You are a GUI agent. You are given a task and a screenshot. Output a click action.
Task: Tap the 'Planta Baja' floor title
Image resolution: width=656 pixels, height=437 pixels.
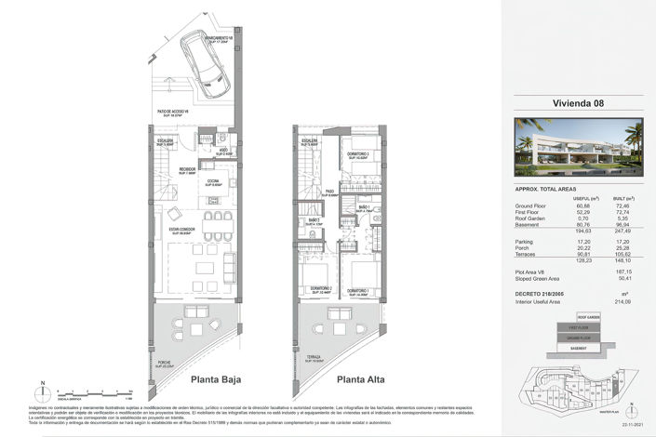[217, 379]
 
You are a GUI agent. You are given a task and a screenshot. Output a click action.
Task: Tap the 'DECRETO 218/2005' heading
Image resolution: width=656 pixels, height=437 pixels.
[543, 292]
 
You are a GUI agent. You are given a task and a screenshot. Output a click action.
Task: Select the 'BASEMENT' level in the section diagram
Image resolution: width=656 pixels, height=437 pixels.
[578, 347]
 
